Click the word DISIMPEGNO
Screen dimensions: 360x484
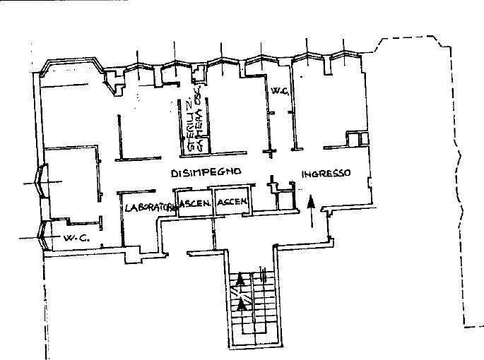(207, 172)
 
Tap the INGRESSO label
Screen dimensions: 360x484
(326, 173)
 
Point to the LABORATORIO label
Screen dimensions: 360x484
(148, 208)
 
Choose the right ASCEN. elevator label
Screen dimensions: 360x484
(232, 203)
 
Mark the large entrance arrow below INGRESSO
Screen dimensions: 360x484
(311, 210)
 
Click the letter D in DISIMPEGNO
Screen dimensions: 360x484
(174, 172)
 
